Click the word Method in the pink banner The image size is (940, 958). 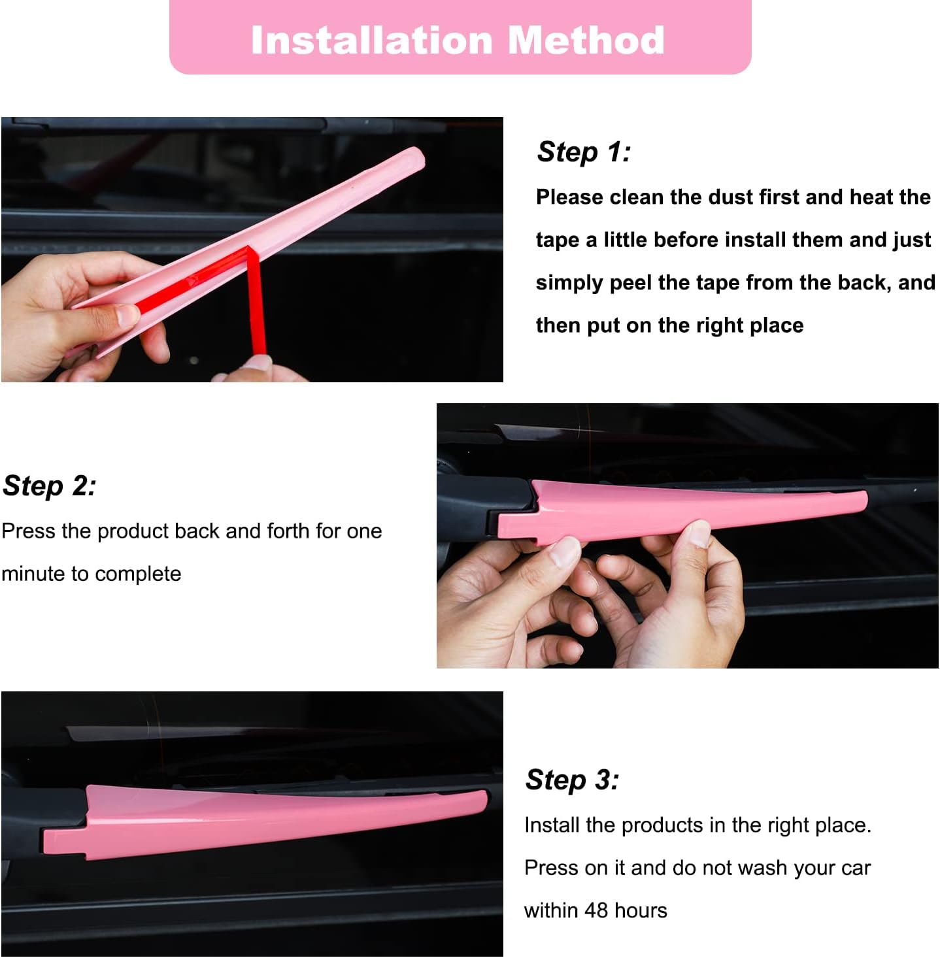[586, 41]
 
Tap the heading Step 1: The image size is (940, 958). [584, 152]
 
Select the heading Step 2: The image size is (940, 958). [50, 486]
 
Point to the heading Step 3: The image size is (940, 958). [572, 780]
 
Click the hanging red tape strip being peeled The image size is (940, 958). [256, 307]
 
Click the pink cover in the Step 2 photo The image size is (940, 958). [686, 511]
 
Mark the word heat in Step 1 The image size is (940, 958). [871, 197]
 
